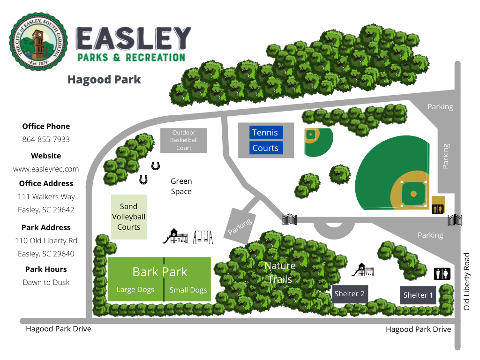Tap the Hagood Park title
104,79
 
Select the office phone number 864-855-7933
46,140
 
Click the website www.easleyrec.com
46,169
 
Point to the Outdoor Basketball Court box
184,140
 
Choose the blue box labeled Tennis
265,133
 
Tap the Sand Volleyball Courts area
128,217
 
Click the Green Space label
181,186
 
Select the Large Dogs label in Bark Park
135,290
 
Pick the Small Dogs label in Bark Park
188,290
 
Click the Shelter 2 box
349,294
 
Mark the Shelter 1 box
418,295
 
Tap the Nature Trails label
280,272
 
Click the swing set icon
203,237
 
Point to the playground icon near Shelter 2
363,270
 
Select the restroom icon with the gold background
438,208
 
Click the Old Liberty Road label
466,282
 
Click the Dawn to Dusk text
46,282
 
